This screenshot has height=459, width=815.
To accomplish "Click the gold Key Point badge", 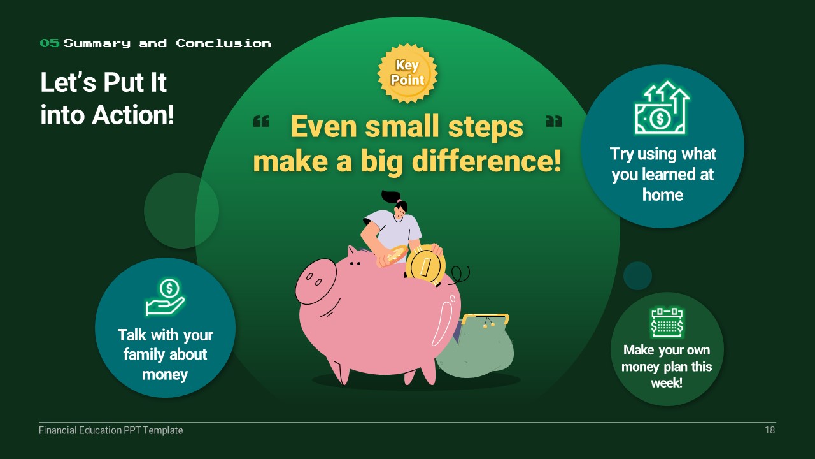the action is tap(407, 73).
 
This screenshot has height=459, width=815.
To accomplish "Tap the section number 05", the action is tap(50, 43).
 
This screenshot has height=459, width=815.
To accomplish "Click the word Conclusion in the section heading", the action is tap(223, 43).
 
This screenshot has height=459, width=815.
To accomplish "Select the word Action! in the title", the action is tap(133, 115).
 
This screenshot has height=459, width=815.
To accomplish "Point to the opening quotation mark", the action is tap(261, 121).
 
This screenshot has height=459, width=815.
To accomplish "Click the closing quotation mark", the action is tap(554, 121).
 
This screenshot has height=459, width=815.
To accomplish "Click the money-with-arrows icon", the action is tap(662, 108).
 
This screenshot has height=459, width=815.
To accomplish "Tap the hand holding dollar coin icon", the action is tap(165, 297).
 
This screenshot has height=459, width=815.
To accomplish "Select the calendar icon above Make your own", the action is tap(667, 323).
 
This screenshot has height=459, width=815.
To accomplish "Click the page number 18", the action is tap(770, 430).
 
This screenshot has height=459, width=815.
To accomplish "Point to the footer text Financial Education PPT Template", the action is tap(111, 430).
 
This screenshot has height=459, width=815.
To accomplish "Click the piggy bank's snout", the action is tap(315, 281).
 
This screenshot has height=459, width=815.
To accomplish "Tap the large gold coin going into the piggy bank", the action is tap(425, 265).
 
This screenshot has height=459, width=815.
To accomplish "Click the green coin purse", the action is tap(475, 346).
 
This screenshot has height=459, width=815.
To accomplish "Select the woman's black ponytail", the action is tap(390, 197).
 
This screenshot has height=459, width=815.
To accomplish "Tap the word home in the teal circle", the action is tap(663, 195).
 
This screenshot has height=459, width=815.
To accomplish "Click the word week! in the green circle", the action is tap(667, 383).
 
